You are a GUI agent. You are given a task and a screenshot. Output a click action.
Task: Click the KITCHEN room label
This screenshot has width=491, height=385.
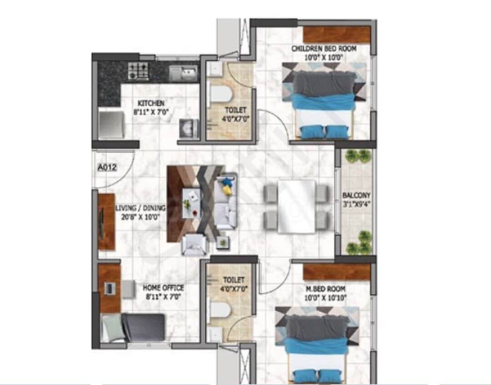point(151,104)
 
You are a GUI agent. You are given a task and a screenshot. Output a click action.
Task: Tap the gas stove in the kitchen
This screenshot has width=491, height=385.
point(138,71)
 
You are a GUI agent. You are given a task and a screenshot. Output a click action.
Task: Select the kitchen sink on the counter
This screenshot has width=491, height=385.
point(183,72)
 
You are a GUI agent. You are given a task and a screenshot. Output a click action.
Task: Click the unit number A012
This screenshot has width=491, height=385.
point(108,167)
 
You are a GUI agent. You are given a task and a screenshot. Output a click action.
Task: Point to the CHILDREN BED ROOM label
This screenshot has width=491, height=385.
point(324,49)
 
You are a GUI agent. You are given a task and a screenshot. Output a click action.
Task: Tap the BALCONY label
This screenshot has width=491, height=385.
point(356,196)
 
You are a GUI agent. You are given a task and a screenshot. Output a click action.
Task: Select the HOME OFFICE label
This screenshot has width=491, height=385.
point(163,288)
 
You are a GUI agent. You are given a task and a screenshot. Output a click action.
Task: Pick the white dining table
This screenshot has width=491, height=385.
point(296,206)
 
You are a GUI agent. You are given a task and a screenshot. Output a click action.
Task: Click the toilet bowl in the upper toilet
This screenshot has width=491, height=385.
point(221,95)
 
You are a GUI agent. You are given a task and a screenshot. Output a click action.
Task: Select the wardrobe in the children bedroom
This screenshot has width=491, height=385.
point(336,35)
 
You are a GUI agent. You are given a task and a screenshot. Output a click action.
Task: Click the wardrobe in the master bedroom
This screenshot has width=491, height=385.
point(336,272)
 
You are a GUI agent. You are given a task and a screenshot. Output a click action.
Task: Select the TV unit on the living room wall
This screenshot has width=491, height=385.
point(106,221)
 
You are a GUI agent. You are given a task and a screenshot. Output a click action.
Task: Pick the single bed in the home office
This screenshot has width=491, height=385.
point(133,327)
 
